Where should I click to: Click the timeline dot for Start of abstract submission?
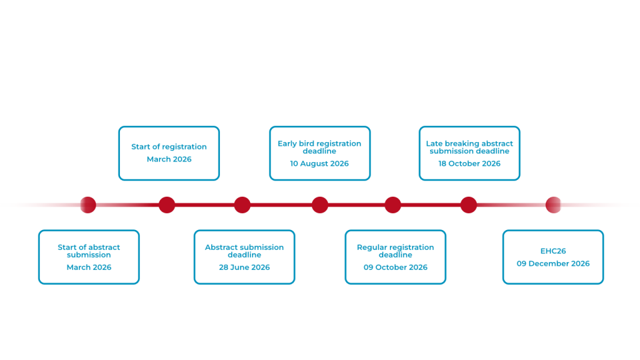[88, 205]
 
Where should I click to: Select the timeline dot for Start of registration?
[167, 205]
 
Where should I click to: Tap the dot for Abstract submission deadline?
[242, 205]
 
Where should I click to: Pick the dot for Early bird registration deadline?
[320, 205]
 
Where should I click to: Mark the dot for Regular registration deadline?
[393, 205]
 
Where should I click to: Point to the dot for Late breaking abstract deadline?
[469, 205]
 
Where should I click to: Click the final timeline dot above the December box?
[553, 205]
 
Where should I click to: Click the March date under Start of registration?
[169, 160]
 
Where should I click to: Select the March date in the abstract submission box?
[89, 267]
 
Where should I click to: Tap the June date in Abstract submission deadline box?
[244, 267]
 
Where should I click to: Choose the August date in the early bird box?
[319, 164]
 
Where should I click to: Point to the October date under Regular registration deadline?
[395, 267]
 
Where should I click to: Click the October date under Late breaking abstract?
[469, 164]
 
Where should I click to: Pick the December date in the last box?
[553, 264]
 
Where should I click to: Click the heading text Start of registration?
[169, 147]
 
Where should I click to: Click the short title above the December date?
[553, 251]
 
